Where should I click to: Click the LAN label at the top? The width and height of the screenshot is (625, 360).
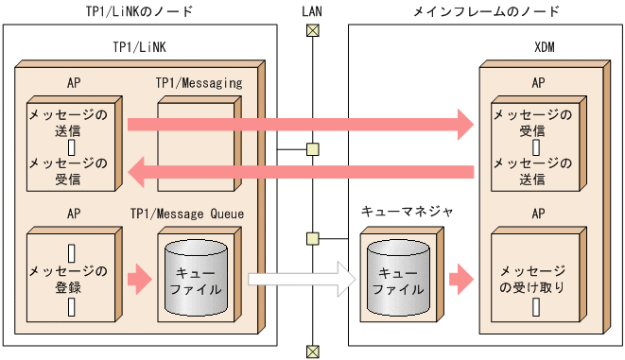point(311,11)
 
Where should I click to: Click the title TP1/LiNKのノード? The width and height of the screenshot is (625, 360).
point(140,11)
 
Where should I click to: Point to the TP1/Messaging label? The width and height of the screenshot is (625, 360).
point(199,83)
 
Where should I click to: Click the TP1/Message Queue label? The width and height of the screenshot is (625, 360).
point(200,214)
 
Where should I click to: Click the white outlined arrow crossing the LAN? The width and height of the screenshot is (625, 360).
point(301,280)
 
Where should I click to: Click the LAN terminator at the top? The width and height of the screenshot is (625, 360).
point(311,30)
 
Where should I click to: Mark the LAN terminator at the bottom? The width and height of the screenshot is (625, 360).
point(311,351)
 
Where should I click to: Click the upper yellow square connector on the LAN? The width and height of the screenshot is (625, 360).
point(311,149)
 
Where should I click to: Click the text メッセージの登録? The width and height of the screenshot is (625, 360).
point(67,280)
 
